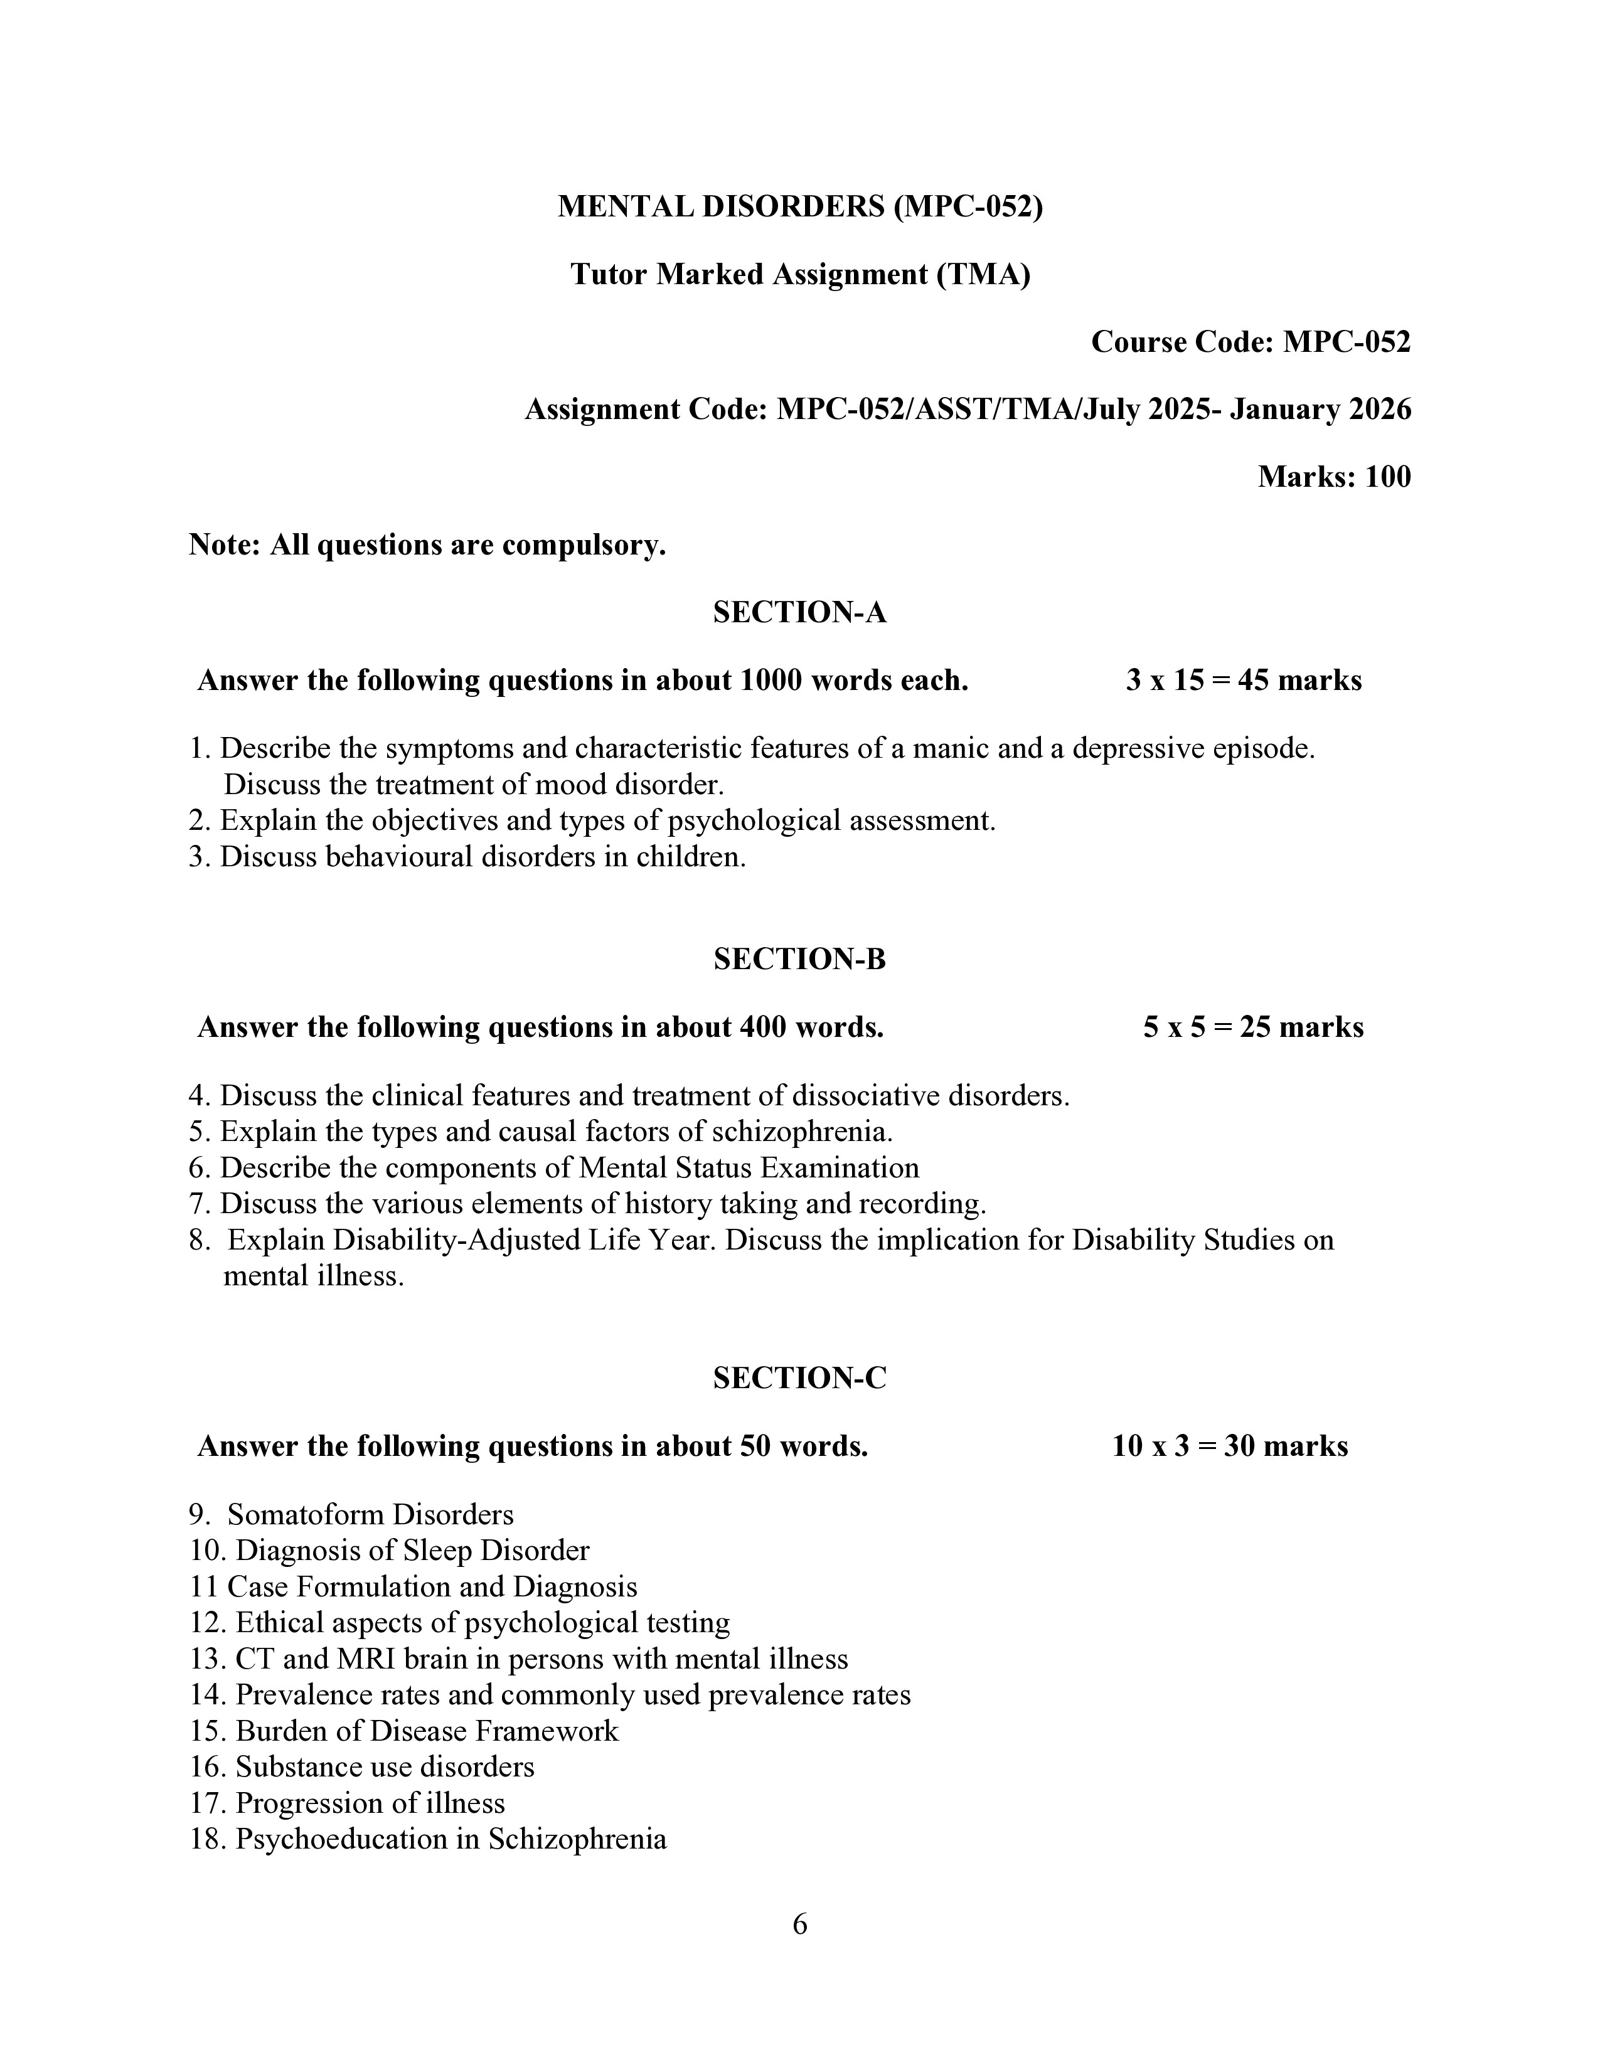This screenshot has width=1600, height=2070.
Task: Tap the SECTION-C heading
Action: click(x=799, y=1378)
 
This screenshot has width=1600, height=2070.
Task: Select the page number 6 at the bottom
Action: click(x=799, y=1925)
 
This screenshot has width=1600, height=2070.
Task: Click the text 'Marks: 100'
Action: click(x=1334, y=477)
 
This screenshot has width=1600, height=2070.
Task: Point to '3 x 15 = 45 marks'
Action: click(x=1244, y=681)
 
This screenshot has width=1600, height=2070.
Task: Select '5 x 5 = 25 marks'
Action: click(x=1253, y=1027)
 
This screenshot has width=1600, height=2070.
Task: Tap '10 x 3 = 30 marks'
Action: click(x=1229, y=1446)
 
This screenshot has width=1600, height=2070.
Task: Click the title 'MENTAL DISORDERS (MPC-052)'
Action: click(x=799, y=206)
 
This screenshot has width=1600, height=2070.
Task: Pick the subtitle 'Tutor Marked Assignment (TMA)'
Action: click(x=799, y=275)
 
